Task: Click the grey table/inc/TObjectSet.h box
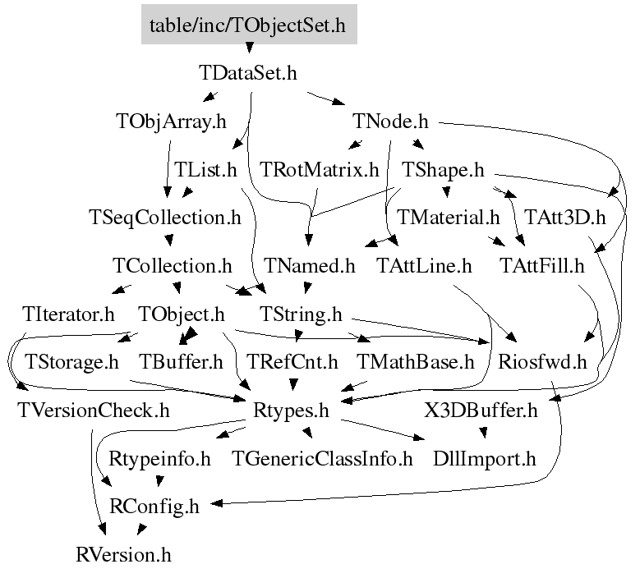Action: click(248, 25)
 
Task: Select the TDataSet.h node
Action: click(248, 72)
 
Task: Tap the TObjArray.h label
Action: click(171, 122)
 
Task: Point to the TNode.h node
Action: click(391, 122)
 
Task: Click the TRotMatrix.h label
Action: click(320, 170)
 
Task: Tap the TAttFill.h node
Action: click(542, 265)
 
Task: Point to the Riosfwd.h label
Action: click(543, 361)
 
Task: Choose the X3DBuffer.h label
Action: click(481, 409)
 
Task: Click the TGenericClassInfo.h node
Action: click(323, 458)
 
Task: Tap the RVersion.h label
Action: click(123, 554)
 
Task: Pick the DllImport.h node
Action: click(485, 458)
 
